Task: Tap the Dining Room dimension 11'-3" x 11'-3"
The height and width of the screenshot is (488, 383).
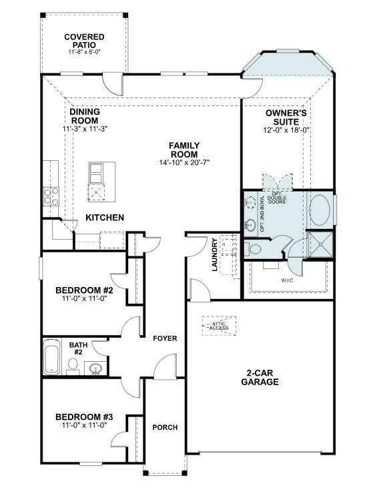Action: [x=85, y=128]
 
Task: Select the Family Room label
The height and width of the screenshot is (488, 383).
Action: [x=184, y=150]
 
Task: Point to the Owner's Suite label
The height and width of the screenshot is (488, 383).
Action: [x=286, y=117]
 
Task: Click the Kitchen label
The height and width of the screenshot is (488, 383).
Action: [x=105, y=218]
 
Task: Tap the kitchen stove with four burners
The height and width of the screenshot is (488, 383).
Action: [x=51, y=196]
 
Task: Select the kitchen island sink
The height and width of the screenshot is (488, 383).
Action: [x=96, y=172]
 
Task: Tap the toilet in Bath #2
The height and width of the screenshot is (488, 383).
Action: [x=73, y=366]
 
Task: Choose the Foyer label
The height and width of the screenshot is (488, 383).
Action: [x=164, y=338]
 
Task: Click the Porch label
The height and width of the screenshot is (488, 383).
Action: [x=164, y=427]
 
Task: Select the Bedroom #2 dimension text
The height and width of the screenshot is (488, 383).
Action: [x=84, y=298]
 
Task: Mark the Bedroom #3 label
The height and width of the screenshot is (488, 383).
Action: [x=84, y=417]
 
